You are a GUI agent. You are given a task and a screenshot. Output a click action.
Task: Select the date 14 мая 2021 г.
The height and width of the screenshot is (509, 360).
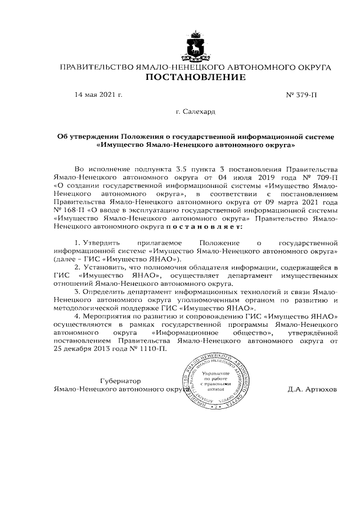point(98,95)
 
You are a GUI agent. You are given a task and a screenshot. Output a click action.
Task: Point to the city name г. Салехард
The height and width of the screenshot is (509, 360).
point(195,112)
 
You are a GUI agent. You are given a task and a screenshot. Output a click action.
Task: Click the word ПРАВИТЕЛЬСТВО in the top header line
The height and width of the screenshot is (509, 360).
point(95,67)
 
